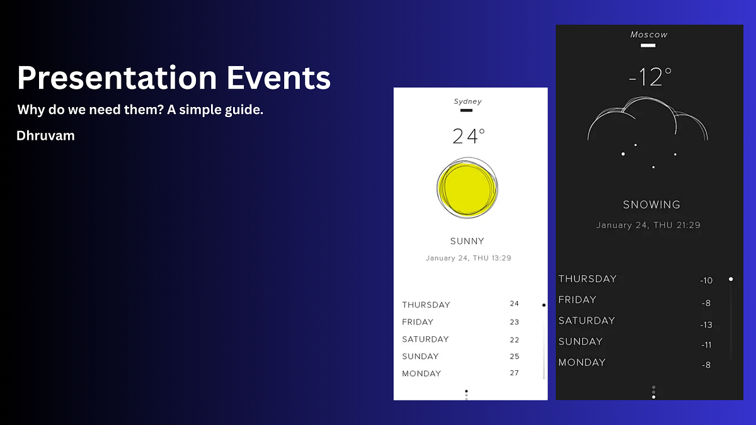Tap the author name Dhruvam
click(46, 135)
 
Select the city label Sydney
click(467, 101)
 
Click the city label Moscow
click(649, 35)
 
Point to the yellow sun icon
click(467, 188)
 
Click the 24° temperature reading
click(469, 135)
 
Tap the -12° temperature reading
click(650, 77)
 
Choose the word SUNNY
click(467, 241)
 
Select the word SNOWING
click(651, 205)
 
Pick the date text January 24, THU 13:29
click(468, 258)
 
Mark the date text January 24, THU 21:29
click(648, 225)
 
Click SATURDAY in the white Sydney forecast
click(425, 339)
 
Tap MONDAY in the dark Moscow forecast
click(581, 363)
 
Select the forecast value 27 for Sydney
click(515, 373)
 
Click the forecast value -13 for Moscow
click(706, 325)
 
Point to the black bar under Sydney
click(466, 111)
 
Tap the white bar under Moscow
click(648, 45)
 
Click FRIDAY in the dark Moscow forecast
click(577, 300)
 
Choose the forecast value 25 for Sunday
click(515, 356)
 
